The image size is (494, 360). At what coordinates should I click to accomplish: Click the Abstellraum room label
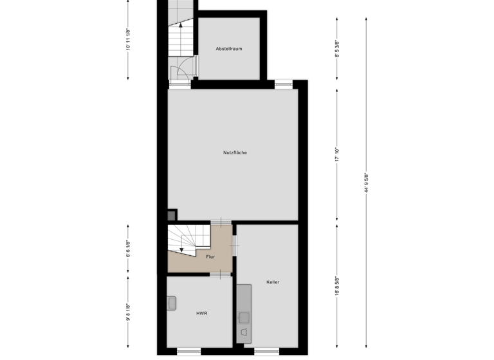click(x=229, y=49)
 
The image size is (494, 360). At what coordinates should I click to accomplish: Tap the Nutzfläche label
click(x=235, y=152)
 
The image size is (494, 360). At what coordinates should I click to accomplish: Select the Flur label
click(x=210, y=257)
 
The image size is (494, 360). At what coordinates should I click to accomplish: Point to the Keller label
click(x=273, y=282)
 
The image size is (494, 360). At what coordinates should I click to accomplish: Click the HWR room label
click(x=201, y=313)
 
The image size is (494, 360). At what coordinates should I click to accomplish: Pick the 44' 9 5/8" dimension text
click(x=366, y=183)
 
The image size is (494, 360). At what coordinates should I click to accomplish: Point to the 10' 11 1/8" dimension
click(x=129, y=40)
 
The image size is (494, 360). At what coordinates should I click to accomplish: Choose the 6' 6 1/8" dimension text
click(x=129, y=248)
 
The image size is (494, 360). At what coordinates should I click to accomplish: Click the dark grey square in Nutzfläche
click(x=172, y=217)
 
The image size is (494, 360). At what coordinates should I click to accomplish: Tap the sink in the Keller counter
click(x=244, y=316)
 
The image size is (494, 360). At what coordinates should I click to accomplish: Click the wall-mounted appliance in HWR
click(x=172, y=303)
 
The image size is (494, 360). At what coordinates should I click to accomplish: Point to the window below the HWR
click(x=188, y=351)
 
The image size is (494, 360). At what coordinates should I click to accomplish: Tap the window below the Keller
click(x=266, y=351)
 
